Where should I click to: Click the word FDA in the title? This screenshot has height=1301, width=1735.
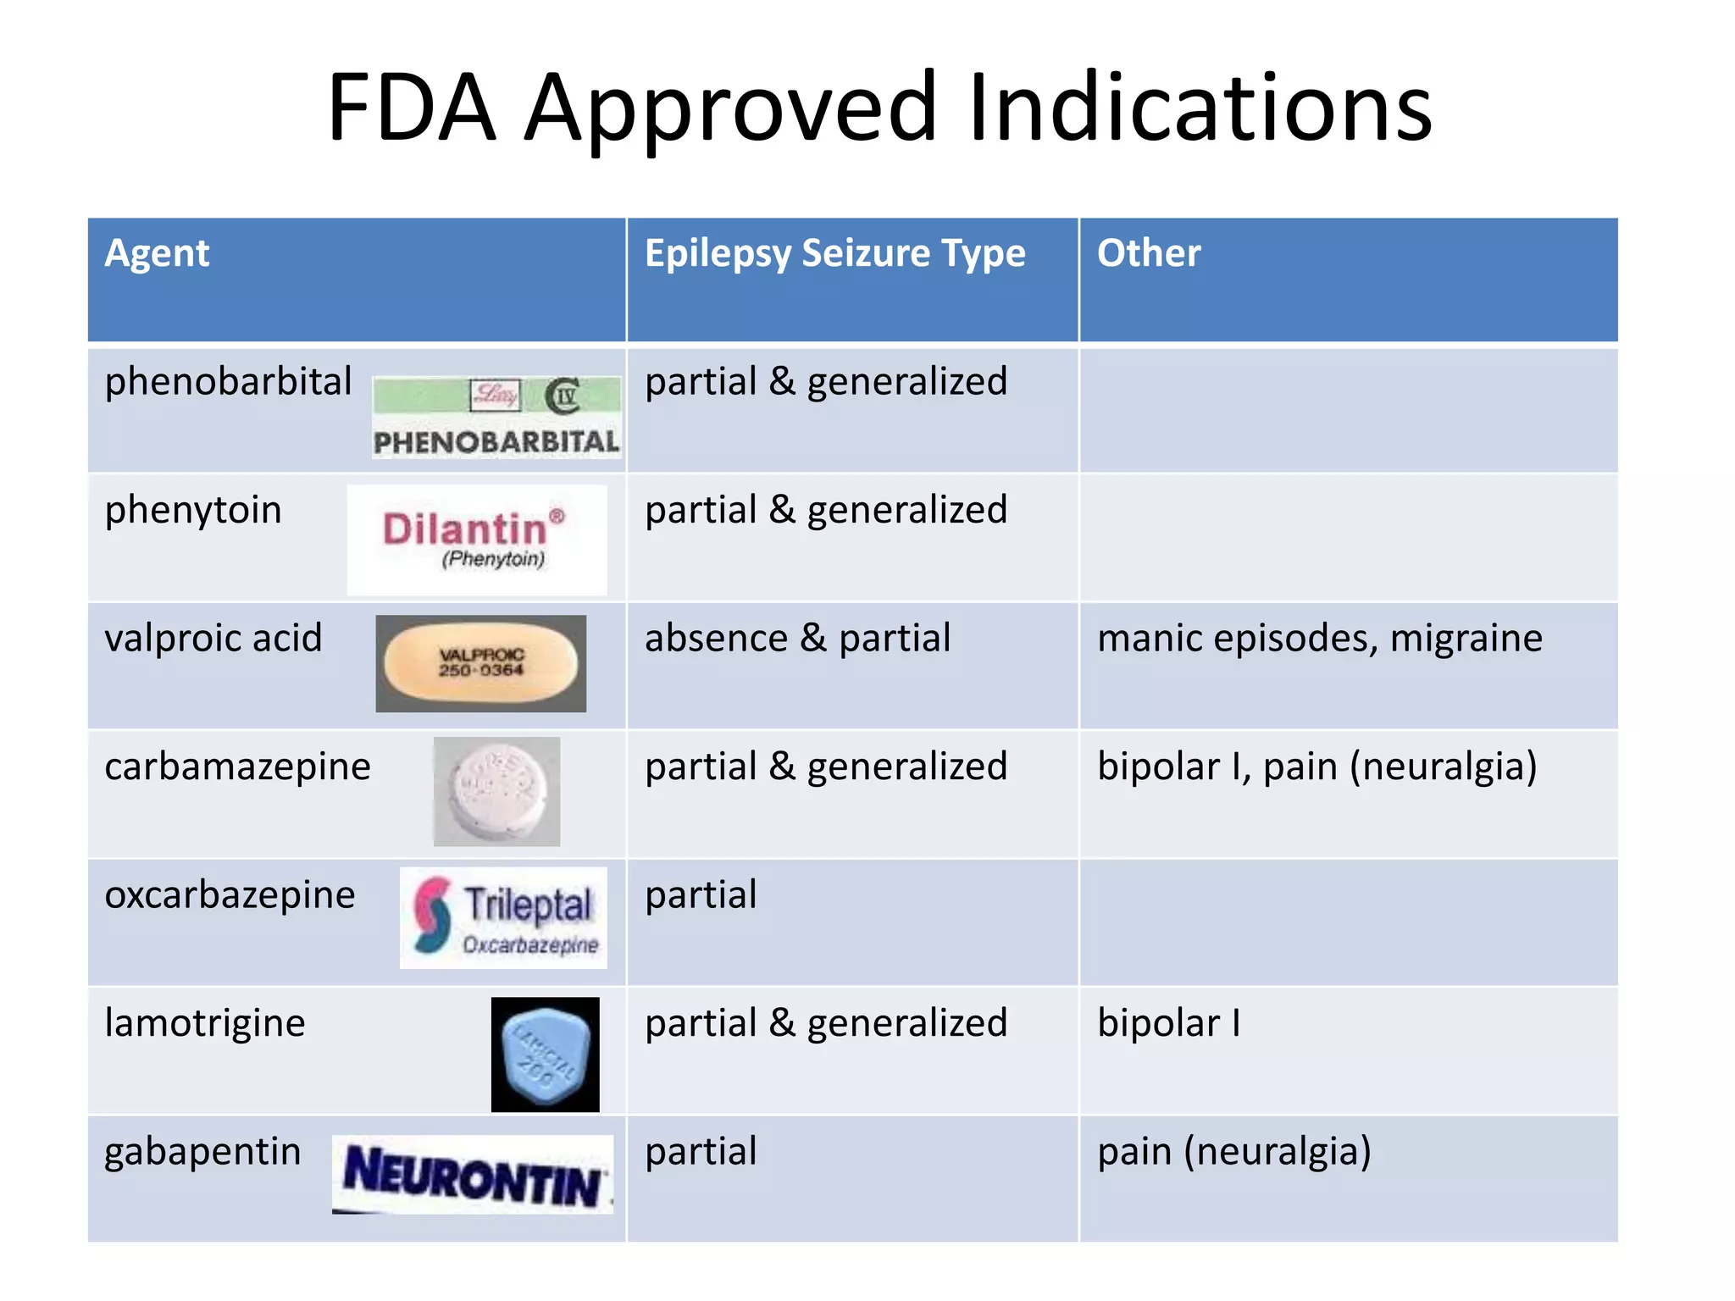coord(411,108)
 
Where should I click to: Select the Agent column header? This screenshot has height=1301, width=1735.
coord(157,253)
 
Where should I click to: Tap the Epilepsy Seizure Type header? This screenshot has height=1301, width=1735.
coord(834,253)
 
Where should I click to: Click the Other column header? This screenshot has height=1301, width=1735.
coord(1149,253)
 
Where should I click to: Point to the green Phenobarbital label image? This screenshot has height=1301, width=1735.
coord(496,418)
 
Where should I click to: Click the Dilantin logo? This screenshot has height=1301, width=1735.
coord(476,539)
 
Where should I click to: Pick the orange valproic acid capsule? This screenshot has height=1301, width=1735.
coord(480,663)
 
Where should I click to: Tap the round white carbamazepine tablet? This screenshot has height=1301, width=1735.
coord(496,791)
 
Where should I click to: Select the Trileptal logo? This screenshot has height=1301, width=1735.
coord(504,917)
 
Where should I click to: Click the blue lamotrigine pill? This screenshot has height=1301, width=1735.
coord(545,1055)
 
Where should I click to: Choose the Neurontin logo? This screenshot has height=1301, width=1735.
coord(473,1175)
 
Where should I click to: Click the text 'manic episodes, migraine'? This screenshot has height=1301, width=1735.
coord(1319,638)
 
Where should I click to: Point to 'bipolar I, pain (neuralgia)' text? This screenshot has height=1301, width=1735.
coord(1316,767)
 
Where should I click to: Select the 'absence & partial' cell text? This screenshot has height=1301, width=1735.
coord(797,638)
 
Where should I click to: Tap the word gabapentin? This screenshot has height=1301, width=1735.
coord(202,1152)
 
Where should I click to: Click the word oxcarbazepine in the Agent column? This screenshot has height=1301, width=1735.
coord(230,895)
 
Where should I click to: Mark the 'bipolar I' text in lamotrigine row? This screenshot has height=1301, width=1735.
coord(1168,1023)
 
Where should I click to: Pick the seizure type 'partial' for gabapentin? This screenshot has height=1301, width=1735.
coord(701,1152)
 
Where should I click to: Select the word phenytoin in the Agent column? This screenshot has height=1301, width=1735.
coord(193,511)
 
